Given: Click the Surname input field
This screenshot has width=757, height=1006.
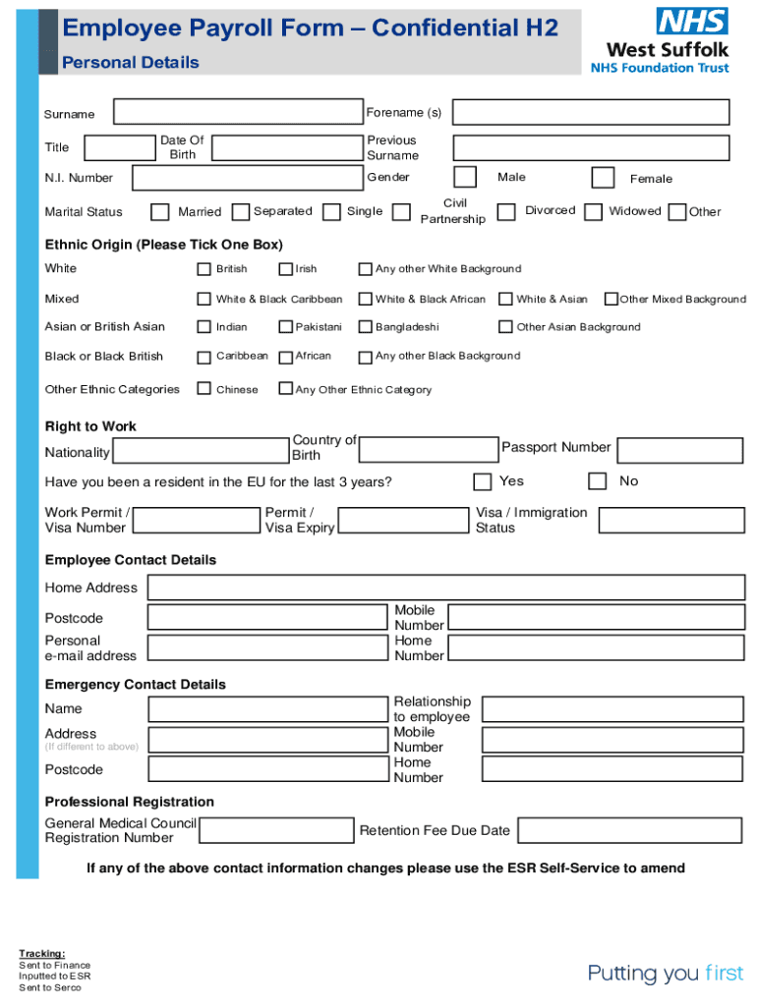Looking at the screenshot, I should (x=238, y=112).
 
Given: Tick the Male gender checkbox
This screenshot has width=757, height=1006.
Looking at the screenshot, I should (x=465, y=177).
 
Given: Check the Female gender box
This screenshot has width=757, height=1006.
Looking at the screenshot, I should (x=603, y=177).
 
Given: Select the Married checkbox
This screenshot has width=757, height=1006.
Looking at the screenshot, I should (x=159, y=212).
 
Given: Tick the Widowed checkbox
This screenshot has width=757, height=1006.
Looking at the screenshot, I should (x=593, y=211).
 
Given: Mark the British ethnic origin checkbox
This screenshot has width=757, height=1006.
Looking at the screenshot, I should (x=204, y=269).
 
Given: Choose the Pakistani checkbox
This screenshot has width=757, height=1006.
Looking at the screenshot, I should (x=286, y=327).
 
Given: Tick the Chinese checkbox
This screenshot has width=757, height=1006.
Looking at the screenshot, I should (x=204, y=389).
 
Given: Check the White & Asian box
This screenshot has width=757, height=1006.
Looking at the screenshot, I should (x=505, y=299).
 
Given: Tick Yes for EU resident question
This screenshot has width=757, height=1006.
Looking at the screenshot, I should (x=482, y=481).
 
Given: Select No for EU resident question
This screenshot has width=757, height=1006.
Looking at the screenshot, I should (x=597, y=481).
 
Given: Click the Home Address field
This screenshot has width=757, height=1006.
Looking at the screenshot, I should (x=445, y=587).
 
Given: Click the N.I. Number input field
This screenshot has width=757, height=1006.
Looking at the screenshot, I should (x=247, y=178).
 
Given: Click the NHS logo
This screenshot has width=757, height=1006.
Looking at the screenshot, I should (x=692, y=21).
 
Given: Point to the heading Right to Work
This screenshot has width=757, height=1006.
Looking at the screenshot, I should (x=90, y=426).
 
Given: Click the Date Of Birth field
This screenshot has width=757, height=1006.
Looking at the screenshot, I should (x=286, y=148).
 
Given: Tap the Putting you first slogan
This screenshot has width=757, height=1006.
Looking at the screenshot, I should (x=666, y=974).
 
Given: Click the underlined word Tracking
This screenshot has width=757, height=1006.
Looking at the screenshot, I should (x=42, y=953).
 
